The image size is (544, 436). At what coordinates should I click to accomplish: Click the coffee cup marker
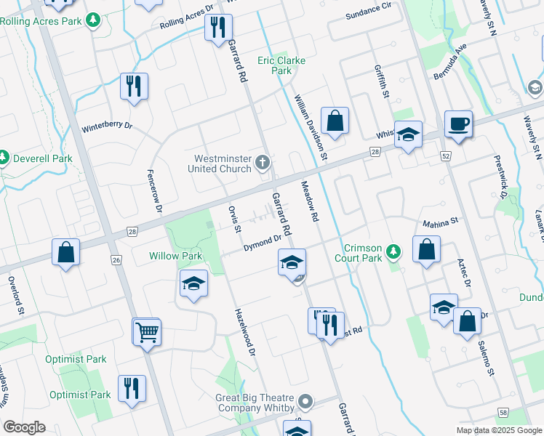[x=458, y=124]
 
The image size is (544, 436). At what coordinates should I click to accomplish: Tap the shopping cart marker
[x=146, y=332]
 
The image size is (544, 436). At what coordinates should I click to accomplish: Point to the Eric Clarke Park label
[x=281, y=65]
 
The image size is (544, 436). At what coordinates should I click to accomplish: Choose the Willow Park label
[x=175, y=256]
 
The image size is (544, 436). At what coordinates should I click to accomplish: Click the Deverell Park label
[x=41, y=158]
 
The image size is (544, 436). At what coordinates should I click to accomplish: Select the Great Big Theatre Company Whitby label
[x=254, y=403]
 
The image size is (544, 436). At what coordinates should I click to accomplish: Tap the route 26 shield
[x=116, y=259]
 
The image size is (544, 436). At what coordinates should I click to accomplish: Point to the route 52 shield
[x=446, y=156]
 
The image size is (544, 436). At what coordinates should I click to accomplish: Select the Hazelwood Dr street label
[x=246, y=332]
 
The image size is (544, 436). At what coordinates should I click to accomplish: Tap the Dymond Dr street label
[x=262, y=243]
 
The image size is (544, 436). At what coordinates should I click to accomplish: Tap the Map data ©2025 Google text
[x=499, y=430]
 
